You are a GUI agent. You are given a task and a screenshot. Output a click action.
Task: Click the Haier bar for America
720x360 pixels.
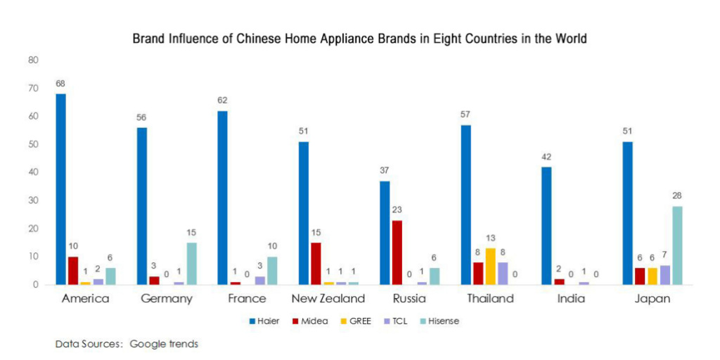pos(61,189)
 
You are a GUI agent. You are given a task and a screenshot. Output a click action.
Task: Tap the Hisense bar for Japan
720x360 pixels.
pos(677,245)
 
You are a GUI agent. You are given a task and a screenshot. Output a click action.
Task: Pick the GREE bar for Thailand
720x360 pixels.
pos(490,266)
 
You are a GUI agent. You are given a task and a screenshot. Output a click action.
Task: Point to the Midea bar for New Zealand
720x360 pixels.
pos(316,264)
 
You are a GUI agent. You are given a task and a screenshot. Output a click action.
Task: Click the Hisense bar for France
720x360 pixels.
pos(272,271)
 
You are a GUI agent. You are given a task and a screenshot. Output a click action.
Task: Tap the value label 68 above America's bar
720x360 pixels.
pos(61,84)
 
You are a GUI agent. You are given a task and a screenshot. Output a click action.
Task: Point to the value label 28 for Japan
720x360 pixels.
pos(677,196)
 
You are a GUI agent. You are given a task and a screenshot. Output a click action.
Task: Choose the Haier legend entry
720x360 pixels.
pos(264,321)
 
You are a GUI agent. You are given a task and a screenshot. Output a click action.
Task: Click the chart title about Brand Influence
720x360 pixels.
pos(360,39)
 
